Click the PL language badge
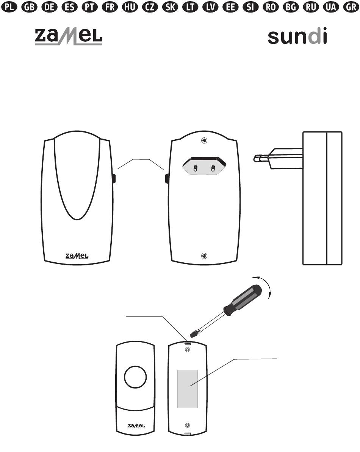9,7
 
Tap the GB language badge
30,7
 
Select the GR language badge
351,7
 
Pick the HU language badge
130,7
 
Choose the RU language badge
311,7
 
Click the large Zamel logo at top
69,37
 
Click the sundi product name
297,36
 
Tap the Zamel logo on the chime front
77,256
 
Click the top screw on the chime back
204,141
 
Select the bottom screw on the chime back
204,256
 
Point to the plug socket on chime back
204,166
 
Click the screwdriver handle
244,300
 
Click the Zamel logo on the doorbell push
136,426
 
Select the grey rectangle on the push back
188,389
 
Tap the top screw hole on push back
188,350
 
